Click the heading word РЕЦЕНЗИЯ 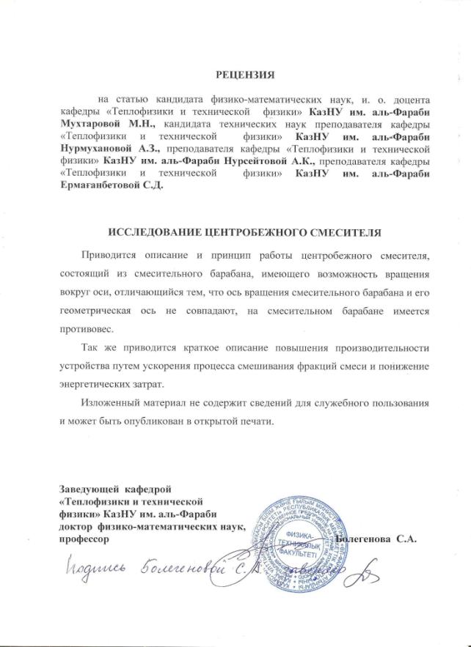[244, 75]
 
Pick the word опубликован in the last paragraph [175, 423]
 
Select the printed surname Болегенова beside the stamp [363, 539]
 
